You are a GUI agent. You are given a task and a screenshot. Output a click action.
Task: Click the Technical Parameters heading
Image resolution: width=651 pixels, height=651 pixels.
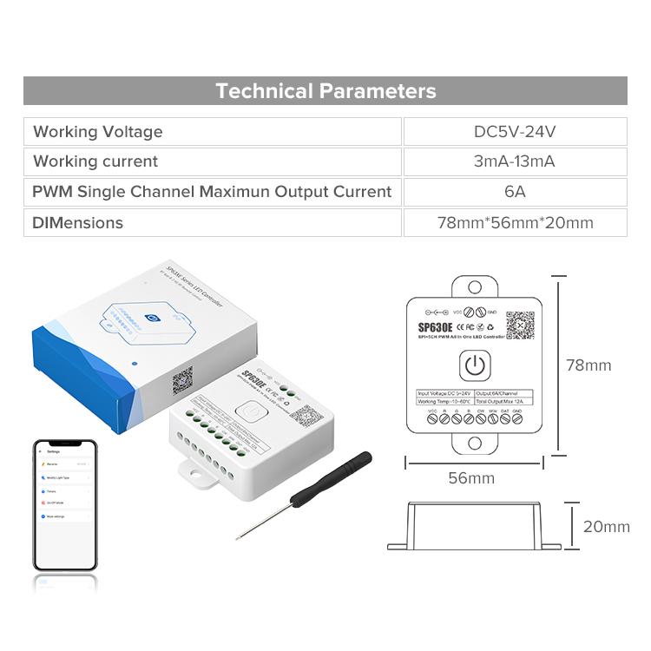click(x=325, y=91)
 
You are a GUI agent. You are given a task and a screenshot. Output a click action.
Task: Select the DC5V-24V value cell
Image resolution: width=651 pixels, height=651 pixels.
click(x=515, y=132)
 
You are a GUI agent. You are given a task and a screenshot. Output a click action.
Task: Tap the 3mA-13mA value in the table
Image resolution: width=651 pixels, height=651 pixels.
click(x=515, y=161)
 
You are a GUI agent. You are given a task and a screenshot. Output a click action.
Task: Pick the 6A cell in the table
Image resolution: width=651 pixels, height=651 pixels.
click(x=515, y=192)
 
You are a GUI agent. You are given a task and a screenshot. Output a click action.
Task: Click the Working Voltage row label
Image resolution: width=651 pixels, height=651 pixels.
click(x=98, y=132)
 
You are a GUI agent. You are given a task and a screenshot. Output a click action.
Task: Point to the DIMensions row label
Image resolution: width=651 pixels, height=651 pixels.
click(x=78, y=222)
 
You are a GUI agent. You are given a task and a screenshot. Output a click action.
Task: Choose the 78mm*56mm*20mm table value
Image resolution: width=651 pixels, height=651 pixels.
click(x=515, y=222)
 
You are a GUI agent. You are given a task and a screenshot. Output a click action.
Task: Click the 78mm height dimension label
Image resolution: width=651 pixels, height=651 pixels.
click(x=589, y=365)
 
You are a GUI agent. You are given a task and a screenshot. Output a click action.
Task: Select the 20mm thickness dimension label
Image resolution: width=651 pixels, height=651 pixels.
click(x=606, y=527)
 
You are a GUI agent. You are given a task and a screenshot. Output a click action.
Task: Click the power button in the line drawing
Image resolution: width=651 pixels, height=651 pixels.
click(x=474, y=365)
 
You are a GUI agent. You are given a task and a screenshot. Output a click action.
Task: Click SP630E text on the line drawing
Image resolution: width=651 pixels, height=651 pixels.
click(x=435, y=327)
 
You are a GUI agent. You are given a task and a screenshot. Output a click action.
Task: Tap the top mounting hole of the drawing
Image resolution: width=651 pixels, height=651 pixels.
click(x=474, y=286)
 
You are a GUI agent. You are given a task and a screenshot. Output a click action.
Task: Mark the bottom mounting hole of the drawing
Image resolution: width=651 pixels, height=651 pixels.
click(x=474, y=443)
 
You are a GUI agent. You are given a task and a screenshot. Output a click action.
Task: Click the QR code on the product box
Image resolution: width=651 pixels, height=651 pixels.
click(x=182, y=380)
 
